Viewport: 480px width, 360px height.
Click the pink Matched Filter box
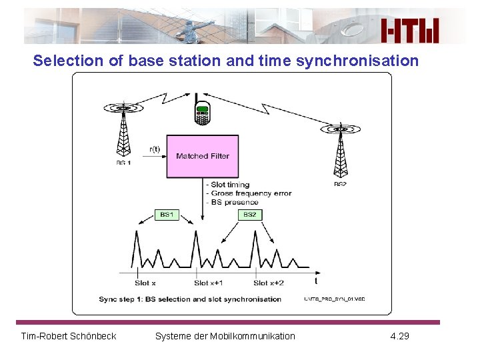(x=202, y=156)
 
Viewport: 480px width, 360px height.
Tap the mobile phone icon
(x=202, y=113)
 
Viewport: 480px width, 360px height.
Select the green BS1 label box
(x=167, y=215)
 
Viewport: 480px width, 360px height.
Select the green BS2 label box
(x=249, y=215)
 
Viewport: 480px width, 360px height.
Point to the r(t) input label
(x=154, y=150)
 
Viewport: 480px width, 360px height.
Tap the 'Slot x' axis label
(x=145, y=283)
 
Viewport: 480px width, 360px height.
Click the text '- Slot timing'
(x=229, y=185)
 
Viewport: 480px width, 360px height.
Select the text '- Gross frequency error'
(x=249, y=193)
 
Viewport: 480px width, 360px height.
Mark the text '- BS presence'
(x=232, y=202)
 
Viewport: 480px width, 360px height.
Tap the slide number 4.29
(x=400, y=336)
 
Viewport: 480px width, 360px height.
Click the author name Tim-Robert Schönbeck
(x=69, y=336)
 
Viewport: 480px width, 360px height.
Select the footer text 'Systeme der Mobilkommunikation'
(x=225, y=336)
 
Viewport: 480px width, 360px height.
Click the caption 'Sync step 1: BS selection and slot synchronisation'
(x=190, y=299)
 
